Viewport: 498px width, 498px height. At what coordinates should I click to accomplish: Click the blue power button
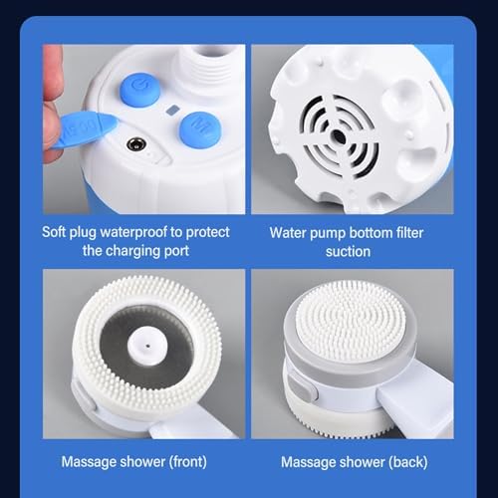pyautogui.click(x=139, y=89)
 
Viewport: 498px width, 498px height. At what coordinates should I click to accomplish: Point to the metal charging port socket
pyautogui.click(x=134, y=144)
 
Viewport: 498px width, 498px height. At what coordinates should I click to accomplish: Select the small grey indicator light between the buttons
pyautogui.click(x=172, y=110)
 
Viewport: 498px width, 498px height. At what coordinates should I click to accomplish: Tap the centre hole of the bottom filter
pyautogui.click(x=339, y=136)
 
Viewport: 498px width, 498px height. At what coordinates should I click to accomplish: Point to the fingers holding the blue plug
pyautogui.click(x=53, y=107)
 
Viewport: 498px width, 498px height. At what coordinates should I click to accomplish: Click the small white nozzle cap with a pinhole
pyautogui.click(x=147, y=346)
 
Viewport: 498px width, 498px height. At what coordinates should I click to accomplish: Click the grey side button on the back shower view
pyautogui.click(x=301, y=386)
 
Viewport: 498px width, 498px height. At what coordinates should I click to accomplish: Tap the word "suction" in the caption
pyautogui.click(x=348, y=252)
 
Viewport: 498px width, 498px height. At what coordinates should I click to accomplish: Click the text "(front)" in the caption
pyautogui.click(x=188, y=462)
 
